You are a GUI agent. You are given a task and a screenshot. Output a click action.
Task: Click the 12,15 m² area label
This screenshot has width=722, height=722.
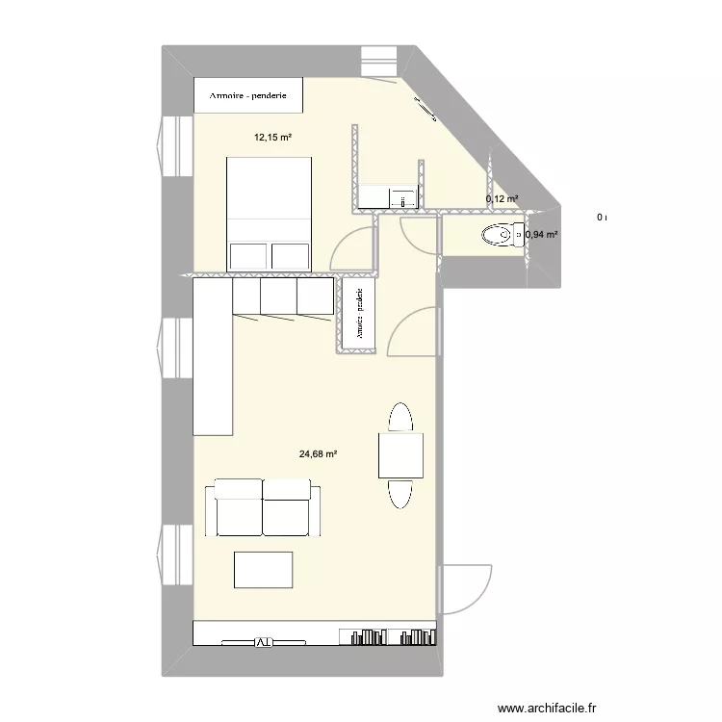tap(272, 138)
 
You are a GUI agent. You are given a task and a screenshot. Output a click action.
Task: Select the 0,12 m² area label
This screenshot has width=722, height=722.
tap(502, 199)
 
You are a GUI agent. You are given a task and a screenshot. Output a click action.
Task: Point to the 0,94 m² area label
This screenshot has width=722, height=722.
tap(541, 234)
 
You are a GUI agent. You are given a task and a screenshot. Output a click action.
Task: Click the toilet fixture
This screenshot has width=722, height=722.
tap(500, 234)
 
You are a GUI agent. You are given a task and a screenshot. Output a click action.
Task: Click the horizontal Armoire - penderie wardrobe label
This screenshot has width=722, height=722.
tap(249, 96)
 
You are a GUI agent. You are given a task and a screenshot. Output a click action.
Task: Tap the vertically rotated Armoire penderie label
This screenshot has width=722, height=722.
tap(358, 316)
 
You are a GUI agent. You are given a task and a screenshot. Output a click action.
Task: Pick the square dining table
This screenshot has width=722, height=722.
tap(400, 455)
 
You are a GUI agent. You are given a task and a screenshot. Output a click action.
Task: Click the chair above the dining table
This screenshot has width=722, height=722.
tap(400, 419)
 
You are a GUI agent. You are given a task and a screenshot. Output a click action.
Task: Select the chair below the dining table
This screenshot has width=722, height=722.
tap(400, 492)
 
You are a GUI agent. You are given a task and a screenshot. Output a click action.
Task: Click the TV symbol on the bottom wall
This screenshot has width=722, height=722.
tap(262, 642)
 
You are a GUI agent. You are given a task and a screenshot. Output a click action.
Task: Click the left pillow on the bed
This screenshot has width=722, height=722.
tap(248, 255)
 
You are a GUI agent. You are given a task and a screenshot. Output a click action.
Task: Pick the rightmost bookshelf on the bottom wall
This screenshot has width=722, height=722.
tap(416, 636)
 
